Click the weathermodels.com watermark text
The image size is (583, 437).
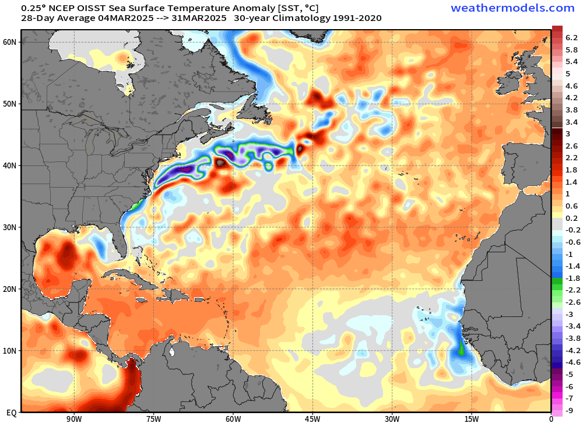coord(512,8)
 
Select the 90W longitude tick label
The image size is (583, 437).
coord(73,418)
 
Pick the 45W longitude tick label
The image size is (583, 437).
coord(312,418)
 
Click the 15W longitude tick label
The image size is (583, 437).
coord(471,418)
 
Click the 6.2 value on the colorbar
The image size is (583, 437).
coord(571,37)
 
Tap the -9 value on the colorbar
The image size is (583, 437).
coord(571,411)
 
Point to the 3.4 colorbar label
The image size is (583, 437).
coord(571,122)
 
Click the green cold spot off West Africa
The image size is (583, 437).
coord(461,348)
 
